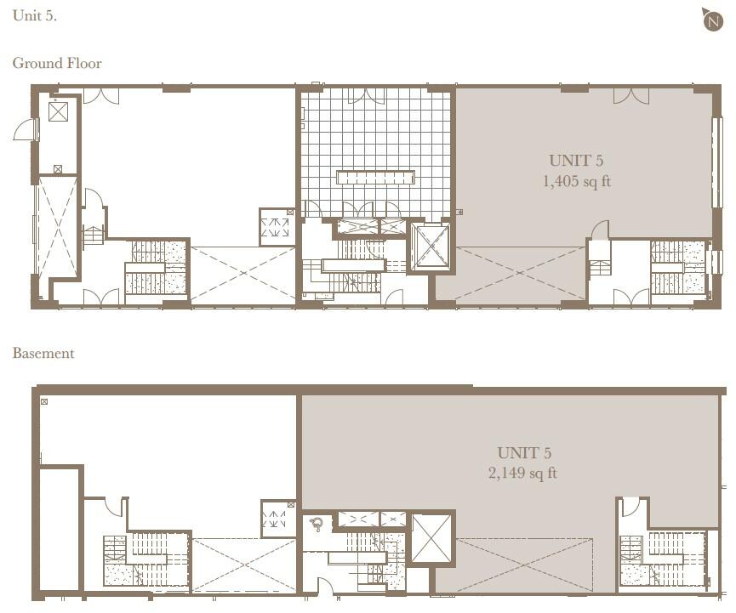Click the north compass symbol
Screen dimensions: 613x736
[713, 20]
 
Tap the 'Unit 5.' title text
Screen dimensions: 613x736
[35, 15]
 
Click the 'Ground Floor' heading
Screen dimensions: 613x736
[57, 63]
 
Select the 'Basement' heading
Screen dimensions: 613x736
[43, 353]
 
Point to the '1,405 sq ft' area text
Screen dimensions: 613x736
[577, 181]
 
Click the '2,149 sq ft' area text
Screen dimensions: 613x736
[522, 473]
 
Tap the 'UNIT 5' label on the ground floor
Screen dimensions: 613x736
[577, 161]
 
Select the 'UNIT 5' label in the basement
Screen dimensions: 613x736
[522, 453]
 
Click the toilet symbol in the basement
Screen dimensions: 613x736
[317, 524]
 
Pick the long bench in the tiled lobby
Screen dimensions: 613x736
[375, 177]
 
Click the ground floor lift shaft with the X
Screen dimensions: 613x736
[431, 247]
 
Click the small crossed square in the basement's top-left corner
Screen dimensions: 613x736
[43, 401]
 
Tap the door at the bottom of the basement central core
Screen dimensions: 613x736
[324, 587]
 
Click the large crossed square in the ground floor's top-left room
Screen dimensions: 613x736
[58, 111]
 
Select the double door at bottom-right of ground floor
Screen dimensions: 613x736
[630, 297]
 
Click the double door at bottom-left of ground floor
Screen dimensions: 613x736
[100, 297]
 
